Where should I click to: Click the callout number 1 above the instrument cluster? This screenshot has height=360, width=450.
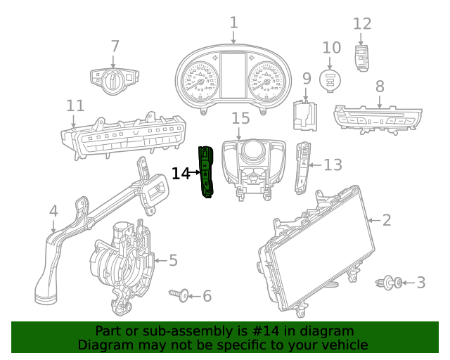(233, 23)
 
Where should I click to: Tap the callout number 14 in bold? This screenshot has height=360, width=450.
(181, 173)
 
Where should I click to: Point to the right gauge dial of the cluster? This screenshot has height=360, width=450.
(268, 82)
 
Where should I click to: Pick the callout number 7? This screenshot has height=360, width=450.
(115, 46)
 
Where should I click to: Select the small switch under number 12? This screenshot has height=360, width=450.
(361, 58)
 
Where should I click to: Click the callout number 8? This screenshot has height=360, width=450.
(380, 86)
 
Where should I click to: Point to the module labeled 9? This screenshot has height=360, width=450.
(304, 115)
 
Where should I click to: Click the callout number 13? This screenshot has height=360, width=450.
(332, 165)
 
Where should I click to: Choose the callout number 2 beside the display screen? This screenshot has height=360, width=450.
(387, 220)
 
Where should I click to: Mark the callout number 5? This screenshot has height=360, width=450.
(173, 261)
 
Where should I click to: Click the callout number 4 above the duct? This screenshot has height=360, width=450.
(53, 211)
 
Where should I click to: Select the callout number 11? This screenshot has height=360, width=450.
(75, 105)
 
